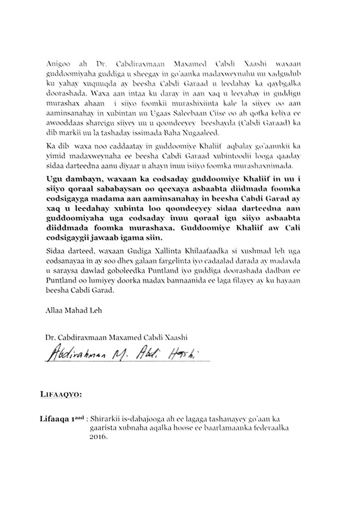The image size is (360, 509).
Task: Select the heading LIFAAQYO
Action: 61,393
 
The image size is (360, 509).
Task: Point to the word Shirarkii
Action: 111,419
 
